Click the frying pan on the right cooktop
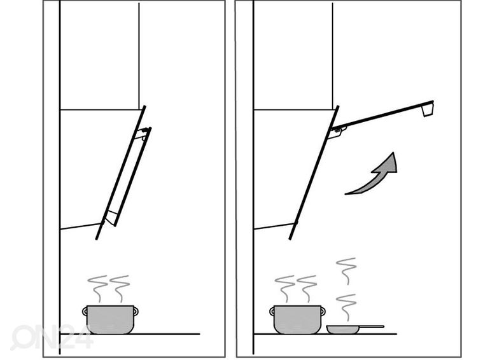[355, 329]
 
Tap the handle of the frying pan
[372, 326]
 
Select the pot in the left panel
[110, 319]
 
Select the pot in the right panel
[298, 319]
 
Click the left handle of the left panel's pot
[85, 311]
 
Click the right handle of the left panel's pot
[136, 311]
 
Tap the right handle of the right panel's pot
[323, 311]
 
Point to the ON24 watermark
[52, 337]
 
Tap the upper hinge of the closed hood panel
[142, 134]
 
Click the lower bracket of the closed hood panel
[111, 218]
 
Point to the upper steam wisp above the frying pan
[346, 271]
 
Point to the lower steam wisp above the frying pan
[346, 307]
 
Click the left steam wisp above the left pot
[97, 288]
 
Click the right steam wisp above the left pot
[120, 288]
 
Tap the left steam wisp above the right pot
[285, 288]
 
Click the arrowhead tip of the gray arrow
[393, 152]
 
